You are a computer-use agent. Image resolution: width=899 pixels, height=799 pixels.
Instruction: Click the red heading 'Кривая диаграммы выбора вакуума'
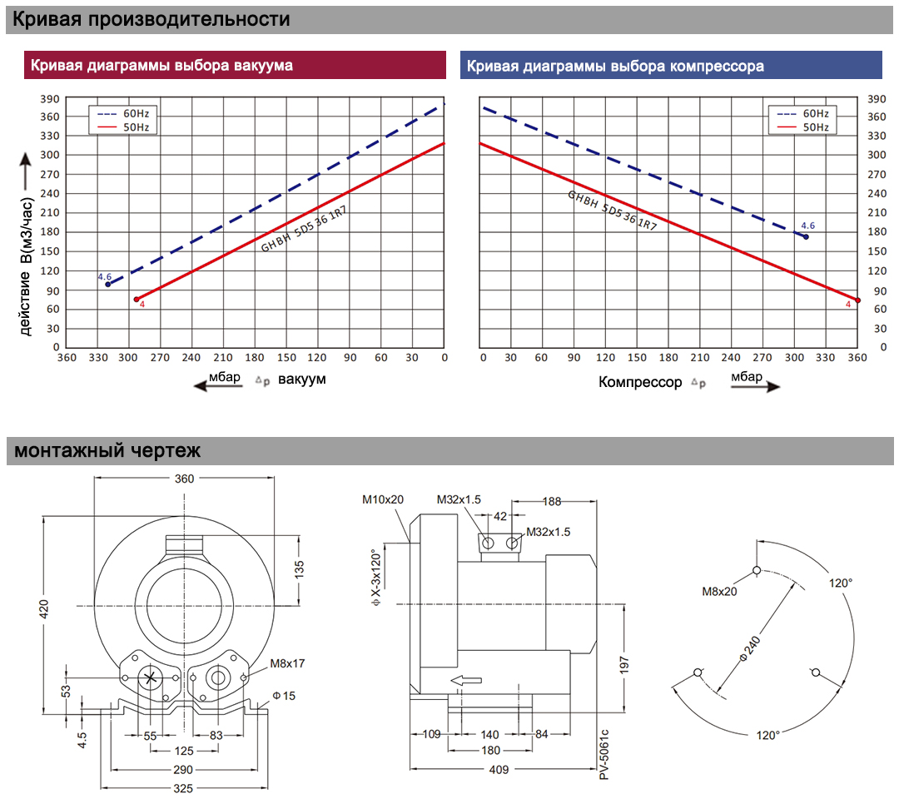click(161, 66)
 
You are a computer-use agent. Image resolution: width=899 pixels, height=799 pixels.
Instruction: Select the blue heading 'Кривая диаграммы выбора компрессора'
click(615, 66)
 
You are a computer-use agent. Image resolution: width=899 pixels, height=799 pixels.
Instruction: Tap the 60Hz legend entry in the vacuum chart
click(122, 113)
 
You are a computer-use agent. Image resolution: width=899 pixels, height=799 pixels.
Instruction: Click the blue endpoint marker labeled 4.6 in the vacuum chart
click(107, 285)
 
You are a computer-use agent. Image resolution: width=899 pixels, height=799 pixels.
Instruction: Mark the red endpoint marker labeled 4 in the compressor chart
click(857, 300)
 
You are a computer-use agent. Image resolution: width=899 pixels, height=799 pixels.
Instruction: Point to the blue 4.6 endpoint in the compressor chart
click(806, 236)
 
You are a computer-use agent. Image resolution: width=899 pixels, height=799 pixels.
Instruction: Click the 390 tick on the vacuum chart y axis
click(50, 99)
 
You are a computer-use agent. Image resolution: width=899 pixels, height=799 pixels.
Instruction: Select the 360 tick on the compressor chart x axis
click(857, 358)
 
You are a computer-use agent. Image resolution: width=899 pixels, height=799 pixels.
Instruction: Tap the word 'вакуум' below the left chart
click(302, 380)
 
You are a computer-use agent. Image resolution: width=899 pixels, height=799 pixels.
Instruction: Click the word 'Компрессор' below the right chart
click(640, 382)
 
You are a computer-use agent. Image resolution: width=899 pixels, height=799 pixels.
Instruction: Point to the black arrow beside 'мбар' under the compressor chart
click(756, 387)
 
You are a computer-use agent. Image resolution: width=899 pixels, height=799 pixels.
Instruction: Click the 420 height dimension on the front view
click(44, 608)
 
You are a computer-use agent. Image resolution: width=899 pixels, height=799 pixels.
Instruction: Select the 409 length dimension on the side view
click(499, 770)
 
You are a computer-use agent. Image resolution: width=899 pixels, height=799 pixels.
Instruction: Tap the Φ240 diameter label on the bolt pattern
click(750, 648)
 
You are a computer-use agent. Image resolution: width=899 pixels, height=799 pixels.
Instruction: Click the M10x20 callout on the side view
click(383, 500)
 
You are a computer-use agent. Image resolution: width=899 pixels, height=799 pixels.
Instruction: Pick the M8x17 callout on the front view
click(287, 663)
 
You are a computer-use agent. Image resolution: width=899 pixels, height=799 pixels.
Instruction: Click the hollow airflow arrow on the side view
click(466, 680)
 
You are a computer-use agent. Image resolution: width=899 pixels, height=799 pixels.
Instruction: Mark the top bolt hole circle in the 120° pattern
click(757, 570)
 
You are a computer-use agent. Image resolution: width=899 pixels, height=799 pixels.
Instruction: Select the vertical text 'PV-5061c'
click(603, 754)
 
